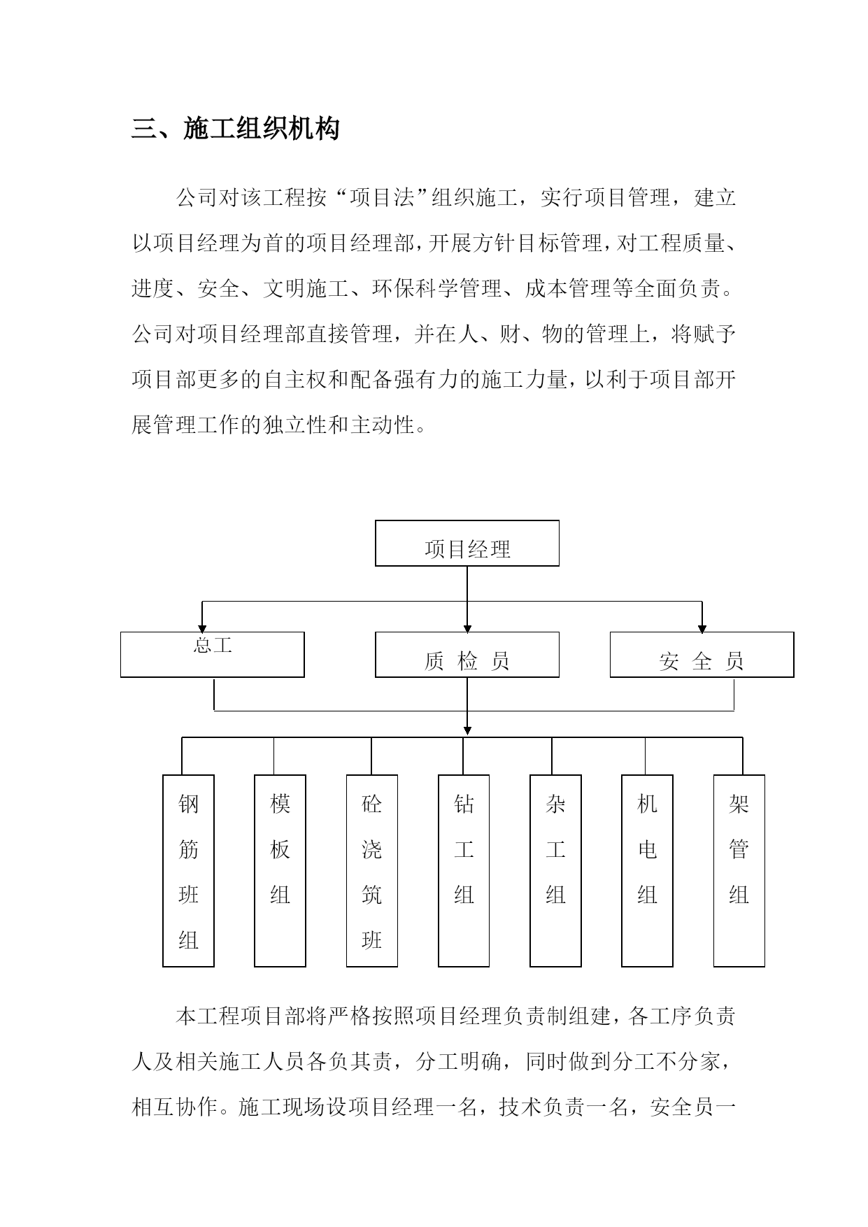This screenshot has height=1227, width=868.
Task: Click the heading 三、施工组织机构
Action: click(x=236, y=129)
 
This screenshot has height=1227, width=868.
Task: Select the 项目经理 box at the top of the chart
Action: click(x=467, y=543)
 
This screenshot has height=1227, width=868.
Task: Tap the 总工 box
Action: click(x=213, y=655)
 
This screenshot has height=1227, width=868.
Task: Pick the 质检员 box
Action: click(x=467, y=655)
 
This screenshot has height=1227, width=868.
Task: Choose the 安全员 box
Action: click(x=702, y=655)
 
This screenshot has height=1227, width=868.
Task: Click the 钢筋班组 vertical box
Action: click(x=188, y=871)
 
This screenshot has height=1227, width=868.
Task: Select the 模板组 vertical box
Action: click(x=280, y=871)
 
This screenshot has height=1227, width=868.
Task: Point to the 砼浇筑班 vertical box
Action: click(x=372, y=871)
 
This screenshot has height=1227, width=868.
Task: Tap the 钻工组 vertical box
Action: click(x=464, y=871)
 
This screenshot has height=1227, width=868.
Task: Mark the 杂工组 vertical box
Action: click(x=555, y=871)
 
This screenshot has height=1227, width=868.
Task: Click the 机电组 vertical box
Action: click(x=647, y=871)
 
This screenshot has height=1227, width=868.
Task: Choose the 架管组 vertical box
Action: click(x=739, y=871)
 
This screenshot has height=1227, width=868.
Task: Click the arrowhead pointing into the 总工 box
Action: click(x=202, y=627)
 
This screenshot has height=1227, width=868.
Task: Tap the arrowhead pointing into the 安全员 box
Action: click(x=702, y=627)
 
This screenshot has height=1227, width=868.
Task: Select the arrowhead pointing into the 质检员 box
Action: click(x=467, y=627)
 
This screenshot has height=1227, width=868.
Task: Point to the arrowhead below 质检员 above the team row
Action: click(x=467, y=730)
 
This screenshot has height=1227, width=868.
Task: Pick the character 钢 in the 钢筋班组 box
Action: click(x=188, y=804)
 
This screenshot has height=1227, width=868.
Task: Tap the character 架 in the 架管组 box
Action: click(x=739, y=804)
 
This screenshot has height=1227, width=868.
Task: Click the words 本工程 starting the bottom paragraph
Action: click(x=208, y=1016)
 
